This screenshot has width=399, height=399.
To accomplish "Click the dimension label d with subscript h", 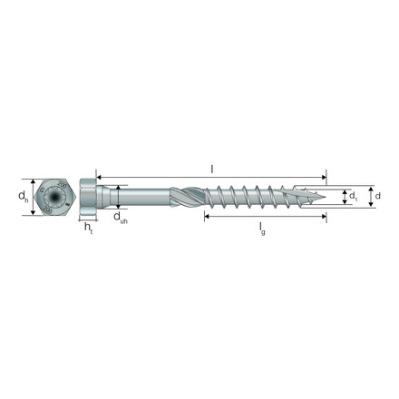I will (24, 196).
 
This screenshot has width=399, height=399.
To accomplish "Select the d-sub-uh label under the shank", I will (120, 218).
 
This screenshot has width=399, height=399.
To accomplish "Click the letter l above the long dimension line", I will (211, 169).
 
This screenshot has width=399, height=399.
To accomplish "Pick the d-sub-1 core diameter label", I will (355, 196).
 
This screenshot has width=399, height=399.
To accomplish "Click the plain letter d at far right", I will (379, 195).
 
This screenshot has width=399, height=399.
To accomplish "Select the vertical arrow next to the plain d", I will (370, 195).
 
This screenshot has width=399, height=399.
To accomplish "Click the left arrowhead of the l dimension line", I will (99, 177).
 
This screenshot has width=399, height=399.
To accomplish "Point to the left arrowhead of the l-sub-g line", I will (207, 218).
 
